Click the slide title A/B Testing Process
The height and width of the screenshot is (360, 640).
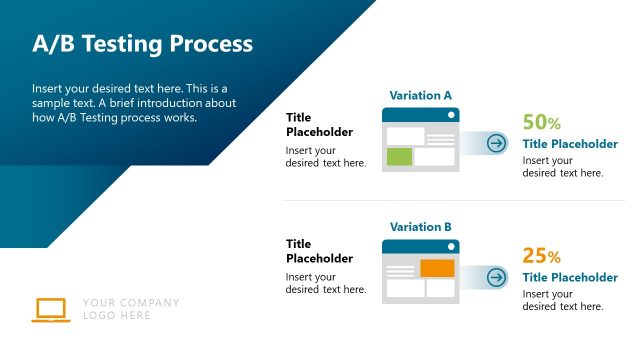coord(142,44)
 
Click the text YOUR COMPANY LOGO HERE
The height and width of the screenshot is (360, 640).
coord(131,309)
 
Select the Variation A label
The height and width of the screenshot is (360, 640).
coord(420,96)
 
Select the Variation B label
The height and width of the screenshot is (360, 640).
coord(420,227)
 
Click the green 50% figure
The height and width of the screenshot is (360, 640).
coord(541,123)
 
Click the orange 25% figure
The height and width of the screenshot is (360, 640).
coord(541,255)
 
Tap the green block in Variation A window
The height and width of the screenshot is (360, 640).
coord(399,156)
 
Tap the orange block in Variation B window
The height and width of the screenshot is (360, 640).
coord(437,268)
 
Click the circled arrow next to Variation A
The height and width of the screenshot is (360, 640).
coord(496,143)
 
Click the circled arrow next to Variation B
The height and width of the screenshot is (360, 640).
coord(496,275)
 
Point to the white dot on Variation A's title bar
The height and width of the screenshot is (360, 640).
coord(451,116)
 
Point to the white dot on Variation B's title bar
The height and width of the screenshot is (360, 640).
coord(451,247)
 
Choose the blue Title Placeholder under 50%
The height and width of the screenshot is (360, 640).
coord(570,144)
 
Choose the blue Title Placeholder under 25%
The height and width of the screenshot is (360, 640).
coord(570,277)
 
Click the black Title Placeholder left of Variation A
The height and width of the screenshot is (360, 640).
coord(319,125)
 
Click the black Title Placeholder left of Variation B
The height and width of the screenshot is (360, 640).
coord(319,251)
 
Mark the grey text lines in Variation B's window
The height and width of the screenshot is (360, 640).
coord(400,268)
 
